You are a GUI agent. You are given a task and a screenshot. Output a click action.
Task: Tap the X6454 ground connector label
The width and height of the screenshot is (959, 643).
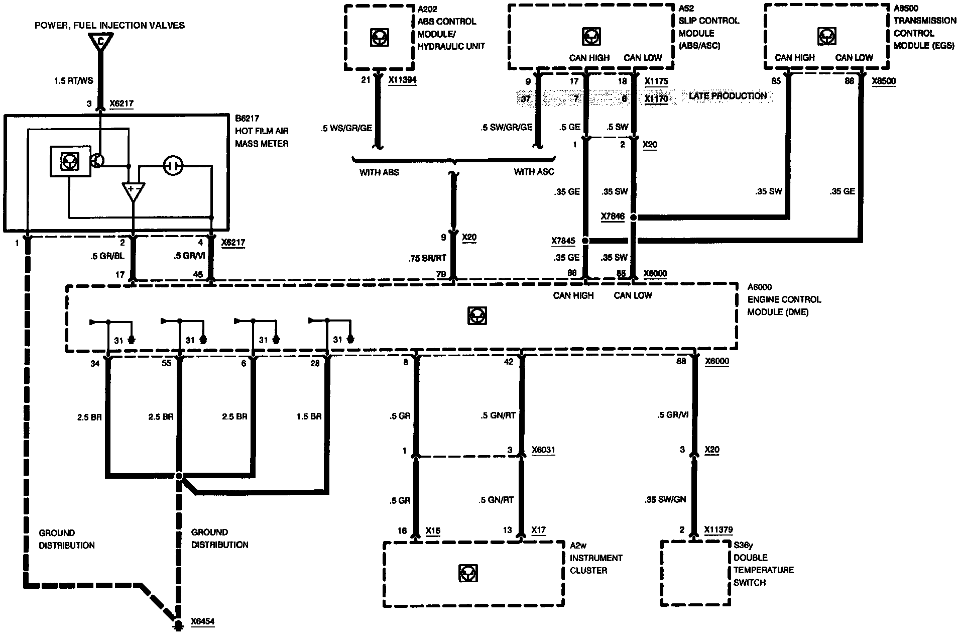click(x=202, y=621)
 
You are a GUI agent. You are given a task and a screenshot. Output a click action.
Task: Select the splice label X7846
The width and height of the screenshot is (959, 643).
click(x=613, y=217)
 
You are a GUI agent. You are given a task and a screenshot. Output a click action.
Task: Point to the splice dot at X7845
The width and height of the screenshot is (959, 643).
click(x=585, y=241)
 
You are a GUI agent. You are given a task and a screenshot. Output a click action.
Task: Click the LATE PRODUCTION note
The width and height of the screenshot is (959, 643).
click(x=728, y=96)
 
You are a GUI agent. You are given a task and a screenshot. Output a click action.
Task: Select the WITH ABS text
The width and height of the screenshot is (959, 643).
click(x=379, y=172)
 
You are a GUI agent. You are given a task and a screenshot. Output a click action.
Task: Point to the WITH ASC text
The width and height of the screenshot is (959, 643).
click(x=534, y=172)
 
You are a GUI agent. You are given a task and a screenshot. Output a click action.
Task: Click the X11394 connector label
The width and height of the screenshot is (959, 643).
click(x=402, y=80)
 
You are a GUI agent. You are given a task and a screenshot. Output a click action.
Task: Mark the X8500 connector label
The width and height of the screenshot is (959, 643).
click(x=884, y=81)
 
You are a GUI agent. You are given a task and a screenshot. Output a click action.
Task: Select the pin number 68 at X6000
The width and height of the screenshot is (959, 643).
click(x=681, y=362)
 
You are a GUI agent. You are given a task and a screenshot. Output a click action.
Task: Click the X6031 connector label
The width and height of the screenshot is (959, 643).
click(x=543, y=450)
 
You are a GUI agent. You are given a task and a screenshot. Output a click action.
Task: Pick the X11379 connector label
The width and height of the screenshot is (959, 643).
click(x=718, y=529)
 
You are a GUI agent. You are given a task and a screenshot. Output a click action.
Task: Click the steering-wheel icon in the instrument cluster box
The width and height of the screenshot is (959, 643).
click(x=468, y=573)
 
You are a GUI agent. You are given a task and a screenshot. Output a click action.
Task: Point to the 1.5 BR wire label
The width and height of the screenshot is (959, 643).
click(x=309, y=416)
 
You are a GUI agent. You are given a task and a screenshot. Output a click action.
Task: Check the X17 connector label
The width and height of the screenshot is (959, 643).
click(x=539, y=530)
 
